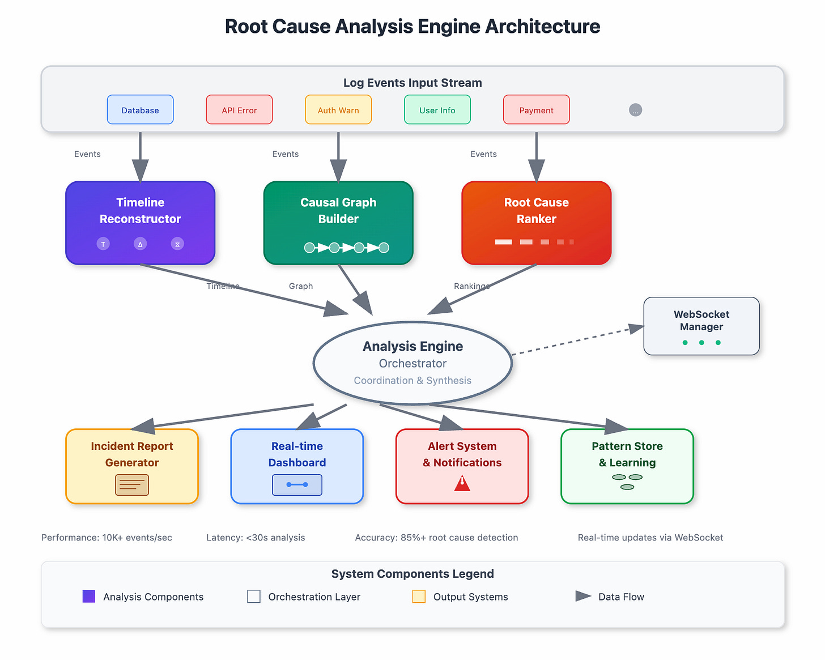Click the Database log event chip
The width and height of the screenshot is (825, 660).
[x=140, y=109]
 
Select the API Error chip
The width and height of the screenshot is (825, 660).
[x=239, y=109]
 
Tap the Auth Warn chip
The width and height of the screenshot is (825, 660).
[x=338, y=109]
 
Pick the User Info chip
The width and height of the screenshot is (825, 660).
[x=437, y=109]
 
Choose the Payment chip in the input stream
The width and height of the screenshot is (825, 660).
[x=536, y=109]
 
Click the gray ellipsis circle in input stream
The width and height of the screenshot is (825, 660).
[x=635, y=110]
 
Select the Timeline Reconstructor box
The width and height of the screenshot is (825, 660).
[x=140, y=223]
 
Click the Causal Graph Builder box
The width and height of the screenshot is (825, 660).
[x=338, y=223]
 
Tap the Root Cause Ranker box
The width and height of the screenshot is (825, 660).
[x=536, y=223]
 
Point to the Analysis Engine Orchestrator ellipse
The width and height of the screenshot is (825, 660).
[x=412, y=363]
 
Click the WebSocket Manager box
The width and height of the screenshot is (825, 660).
[x=701, y=326]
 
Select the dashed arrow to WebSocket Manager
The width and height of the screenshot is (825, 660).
[x=572, y=341]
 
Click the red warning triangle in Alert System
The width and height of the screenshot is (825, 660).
[x=462, y=483]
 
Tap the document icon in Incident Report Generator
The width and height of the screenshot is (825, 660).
[x=132, y=485]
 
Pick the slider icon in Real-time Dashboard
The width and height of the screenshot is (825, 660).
[x=297, y=485]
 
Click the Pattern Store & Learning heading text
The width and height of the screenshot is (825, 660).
[x=627, y=454]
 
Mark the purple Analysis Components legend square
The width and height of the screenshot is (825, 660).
[x=89, y=597]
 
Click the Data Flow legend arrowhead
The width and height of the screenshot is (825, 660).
[x=583, y=596]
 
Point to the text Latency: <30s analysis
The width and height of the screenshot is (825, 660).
[x=256, y=538]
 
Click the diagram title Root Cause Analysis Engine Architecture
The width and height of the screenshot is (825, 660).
[x=412, y=27]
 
